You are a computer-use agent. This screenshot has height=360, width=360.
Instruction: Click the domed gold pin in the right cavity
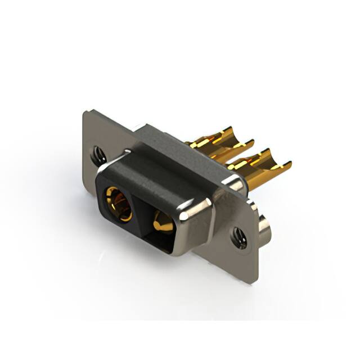pyautogui.click(x=161, y=220)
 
